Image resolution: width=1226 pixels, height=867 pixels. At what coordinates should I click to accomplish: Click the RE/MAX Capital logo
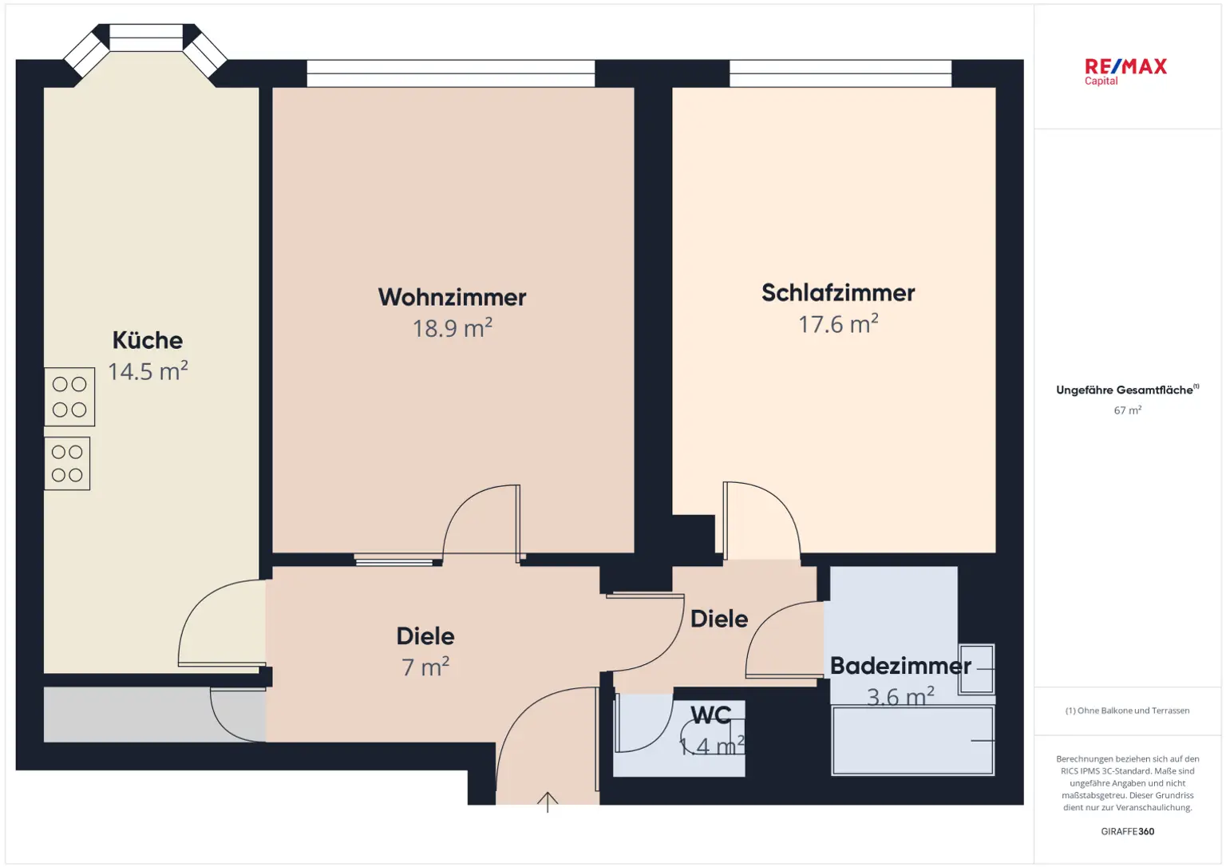pos(1125,71)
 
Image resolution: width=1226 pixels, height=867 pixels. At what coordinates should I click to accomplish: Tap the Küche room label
pos(148,340)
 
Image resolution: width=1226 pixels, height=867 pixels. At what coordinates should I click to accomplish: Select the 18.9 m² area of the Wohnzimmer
pos(452,328)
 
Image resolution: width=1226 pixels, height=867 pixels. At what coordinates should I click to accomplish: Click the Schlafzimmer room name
pos(838,293)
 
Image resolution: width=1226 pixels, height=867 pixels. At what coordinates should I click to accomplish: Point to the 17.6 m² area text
pos(838,324)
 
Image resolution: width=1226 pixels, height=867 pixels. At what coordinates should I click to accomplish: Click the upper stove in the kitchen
pos(69,397)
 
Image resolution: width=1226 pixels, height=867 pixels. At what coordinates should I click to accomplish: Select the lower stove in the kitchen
pos(67,463)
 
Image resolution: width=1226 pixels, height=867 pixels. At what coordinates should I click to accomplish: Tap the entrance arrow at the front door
pos(548,801)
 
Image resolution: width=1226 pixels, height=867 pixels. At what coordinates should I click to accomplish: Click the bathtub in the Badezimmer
pos(912,740)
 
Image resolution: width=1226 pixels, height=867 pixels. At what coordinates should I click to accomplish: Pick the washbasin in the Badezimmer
pos(977,669)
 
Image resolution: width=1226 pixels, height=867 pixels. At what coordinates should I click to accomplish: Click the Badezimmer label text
pos(900,666)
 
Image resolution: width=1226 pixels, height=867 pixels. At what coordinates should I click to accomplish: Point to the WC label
pos(710,715)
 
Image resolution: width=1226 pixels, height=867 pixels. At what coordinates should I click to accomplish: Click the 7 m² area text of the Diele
pos(425,667)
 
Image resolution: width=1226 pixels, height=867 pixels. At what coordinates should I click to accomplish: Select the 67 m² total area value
pos(1127,410)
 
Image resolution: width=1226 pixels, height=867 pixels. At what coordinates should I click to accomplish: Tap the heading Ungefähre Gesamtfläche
pos(1125,390)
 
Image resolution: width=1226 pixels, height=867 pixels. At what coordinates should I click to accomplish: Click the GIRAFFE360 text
pos(1127,831)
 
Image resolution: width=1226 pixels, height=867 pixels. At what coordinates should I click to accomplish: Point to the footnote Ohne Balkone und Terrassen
pos(1127,711)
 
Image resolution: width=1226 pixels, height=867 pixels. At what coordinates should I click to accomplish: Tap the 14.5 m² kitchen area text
pos(148,371)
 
